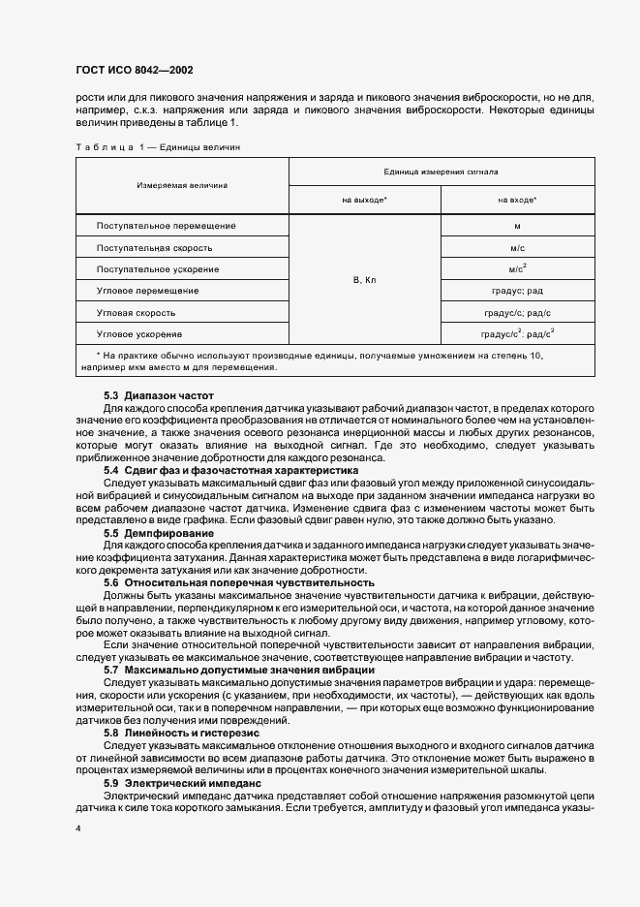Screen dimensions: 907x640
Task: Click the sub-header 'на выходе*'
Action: (x=365, y=200)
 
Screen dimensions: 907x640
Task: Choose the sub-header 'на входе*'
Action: (x=517, y=200)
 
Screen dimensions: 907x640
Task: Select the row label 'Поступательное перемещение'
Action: (x=167, y=226)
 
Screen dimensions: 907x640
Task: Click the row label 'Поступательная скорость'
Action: (x=155, y=247)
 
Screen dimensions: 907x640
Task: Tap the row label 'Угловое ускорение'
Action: (x=140, y=333)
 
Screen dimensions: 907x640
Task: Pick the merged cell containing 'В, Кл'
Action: (x=365, y=280)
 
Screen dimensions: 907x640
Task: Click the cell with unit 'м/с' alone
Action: (x=517, y=247)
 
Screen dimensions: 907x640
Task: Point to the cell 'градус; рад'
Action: (x=517, y=291)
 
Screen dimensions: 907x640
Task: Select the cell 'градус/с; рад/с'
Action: (x=517, y=312)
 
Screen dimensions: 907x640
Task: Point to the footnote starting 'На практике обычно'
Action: (x=320, y=360)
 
